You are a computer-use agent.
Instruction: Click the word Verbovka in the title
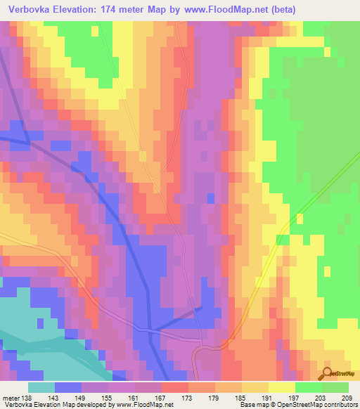coord(27,10)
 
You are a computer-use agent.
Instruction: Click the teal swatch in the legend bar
coord(41,387)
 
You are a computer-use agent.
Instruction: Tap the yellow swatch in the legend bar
coord(281,387)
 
